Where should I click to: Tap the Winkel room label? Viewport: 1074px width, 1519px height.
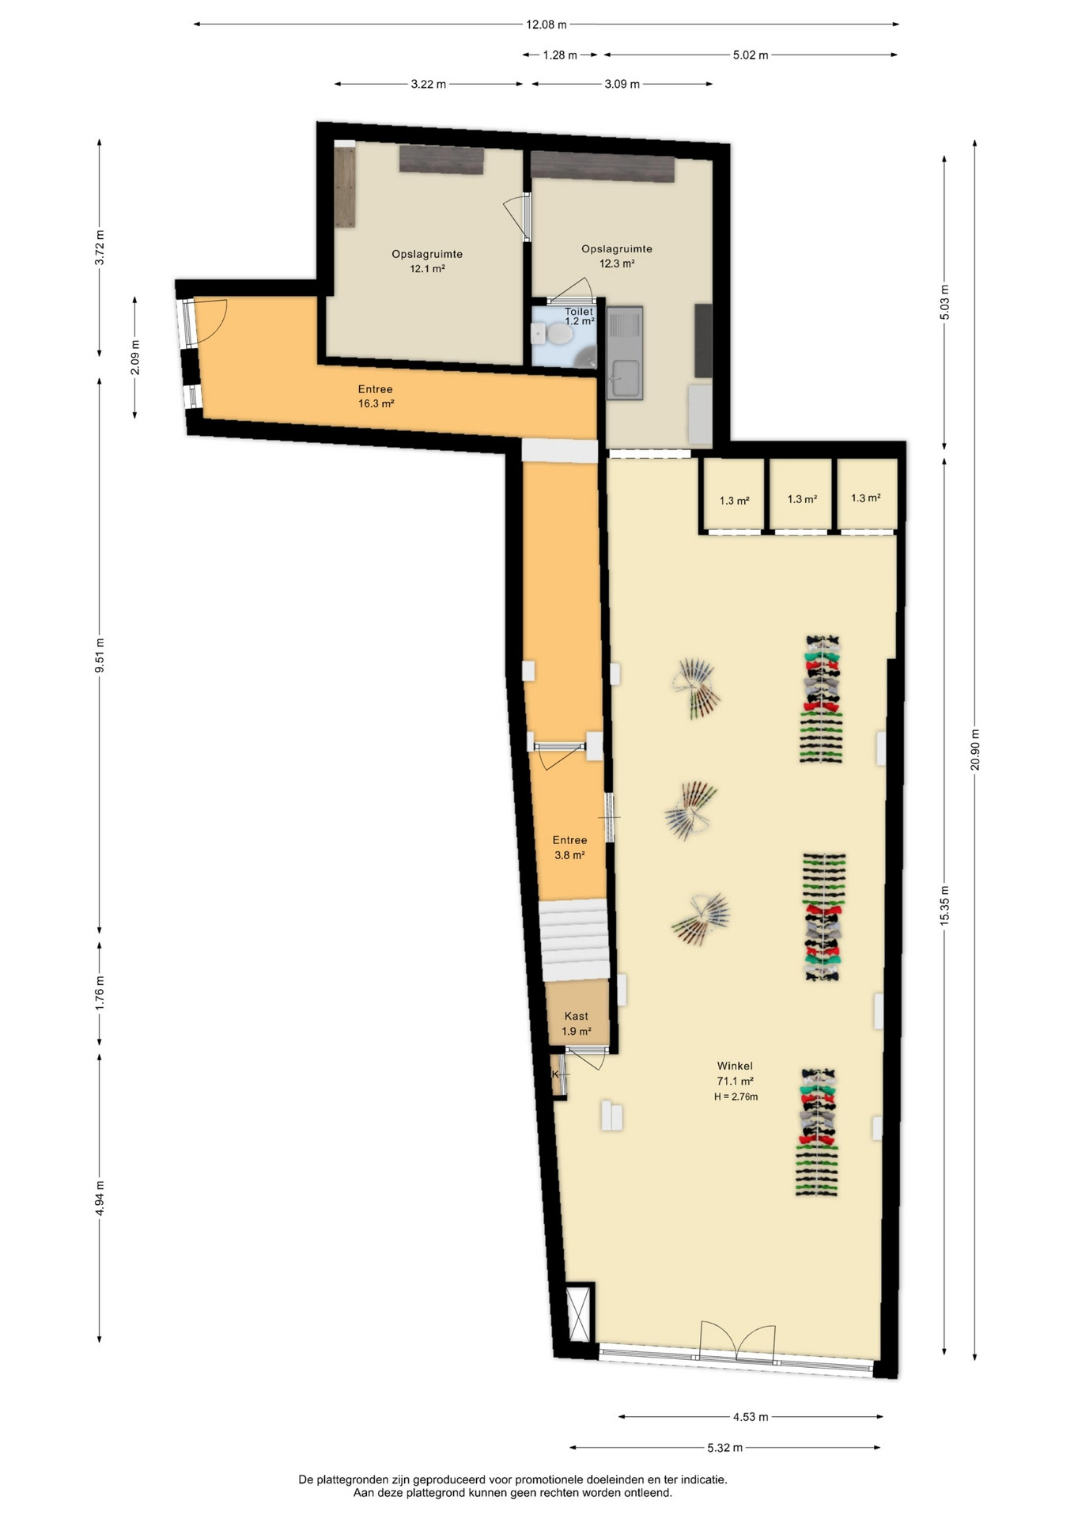pyautogui.click(x=735, y=1066)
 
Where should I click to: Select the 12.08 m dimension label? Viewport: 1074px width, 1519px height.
pyautogui.click(x=546, y=25)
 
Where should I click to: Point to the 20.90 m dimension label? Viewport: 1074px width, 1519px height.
pyautogui.click(x=975, y=749)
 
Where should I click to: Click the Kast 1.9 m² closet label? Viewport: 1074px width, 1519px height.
pyautogui.click(x=577, y=1024)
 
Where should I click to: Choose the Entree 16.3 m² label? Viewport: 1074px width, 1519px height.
pyautogui.click(x=376, y=396)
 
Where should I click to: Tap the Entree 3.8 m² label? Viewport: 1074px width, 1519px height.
pyautogui.click(x=569, y=847)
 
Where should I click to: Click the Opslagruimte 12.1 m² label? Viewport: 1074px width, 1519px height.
pyautogui.click(x=427, y=261)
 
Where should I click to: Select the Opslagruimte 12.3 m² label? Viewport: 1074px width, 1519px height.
pyautogui.click(x=617, y=256)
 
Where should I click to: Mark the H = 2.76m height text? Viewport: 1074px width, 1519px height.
pyautogui.click(x=736, y=1097)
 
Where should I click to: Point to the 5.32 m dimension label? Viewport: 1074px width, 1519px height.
pyautogui.click(x=725, y=1448)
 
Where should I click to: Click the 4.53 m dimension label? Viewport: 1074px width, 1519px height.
pyautogui.click(x=751, y=1417)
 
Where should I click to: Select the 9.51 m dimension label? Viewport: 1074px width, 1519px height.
pyautogui.click(x=100, y=655)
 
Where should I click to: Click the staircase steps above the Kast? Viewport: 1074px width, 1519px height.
pyautogui.click(x=575, y=941)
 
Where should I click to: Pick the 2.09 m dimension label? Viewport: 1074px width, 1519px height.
pyautogui.click(x=135, y=357)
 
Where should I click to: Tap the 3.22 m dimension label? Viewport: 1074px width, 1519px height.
pyautogui.click(x=429, y=85)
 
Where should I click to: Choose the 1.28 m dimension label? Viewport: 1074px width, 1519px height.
pyautogui.click(x=560, y=55)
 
